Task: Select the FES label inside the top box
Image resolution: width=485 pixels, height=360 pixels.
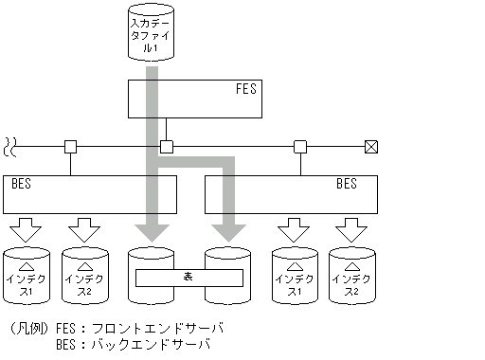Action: point(245,90)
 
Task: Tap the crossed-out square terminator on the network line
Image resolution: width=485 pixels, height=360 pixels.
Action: point(371,147)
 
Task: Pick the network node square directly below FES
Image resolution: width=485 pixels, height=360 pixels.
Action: point(166,147)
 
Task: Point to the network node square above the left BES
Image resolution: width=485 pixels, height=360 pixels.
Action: point(70,147)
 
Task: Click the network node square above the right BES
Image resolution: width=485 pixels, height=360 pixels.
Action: point(300,147)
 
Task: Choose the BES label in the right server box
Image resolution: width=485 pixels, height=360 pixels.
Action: point(346,184)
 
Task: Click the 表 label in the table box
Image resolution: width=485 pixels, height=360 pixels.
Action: point(189,278)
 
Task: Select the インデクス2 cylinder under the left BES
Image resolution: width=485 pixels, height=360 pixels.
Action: point(85,277)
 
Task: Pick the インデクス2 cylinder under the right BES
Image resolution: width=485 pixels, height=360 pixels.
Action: point(351,277)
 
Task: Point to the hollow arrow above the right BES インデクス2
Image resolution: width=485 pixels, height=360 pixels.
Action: point(351,228)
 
